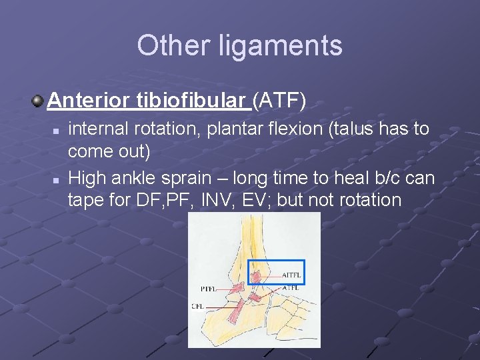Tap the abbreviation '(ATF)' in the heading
(x=279, y=101)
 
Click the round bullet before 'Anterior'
(x=38, y=101)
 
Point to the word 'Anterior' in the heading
(x=89, y=101)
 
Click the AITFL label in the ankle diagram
(x=291, y=275)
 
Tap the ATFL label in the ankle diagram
(x=290, y=287)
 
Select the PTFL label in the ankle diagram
(x=208, y=289)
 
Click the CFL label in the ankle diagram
(x=198, y=307)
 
